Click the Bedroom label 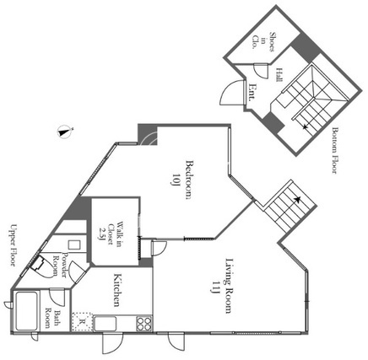[x=190, y=180]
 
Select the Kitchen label [x=117, y=289]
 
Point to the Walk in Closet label [x=111, y=234]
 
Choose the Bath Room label [x=52, y=319]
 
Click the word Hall [x=279, y=74]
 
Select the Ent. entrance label [x=252, y=93]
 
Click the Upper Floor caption [x=14, y=244]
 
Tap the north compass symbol [x=65, y=132]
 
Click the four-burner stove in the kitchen [x=144, y=324]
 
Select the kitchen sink [x=105, y=324]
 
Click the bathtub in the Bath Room [x=26, y=311]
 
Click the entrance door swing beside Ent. [x=231, y=92]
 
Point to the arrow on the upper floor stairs [x=297, y=200]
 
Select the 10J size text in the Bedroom [x=176, y=180]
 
